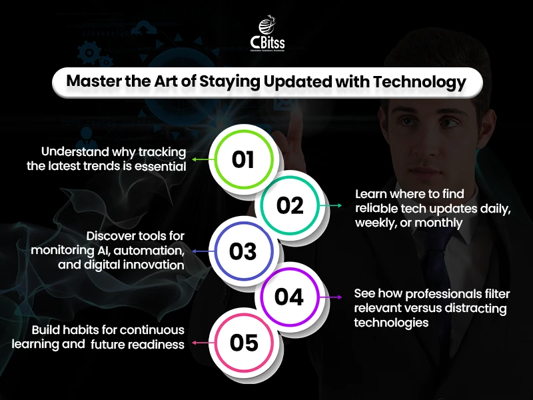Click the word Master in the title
pyautogui.click(x=90, y=83)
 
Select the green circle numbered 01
pyautogui.click(x=244, y=160)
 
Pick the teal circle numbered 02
pyautogui.click(x=290, y=205)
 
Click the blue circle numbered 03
pyautogui.click(x=243, y=251)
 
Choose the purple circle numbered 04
pyautogui.click(x=289, y=297)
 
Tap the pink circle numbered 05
pyautogui.click(x=244, y=343)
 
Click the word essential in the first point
pyautogui.click(x=161, y=166)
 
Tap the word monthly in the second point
pyautogui.click(x=438, y=223)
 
